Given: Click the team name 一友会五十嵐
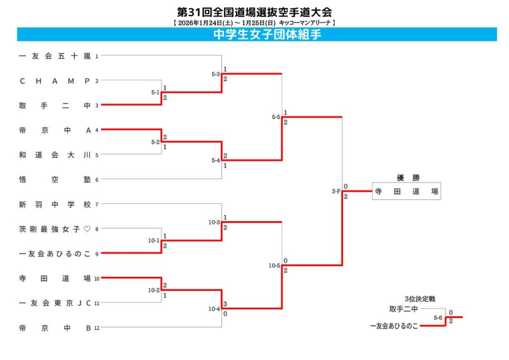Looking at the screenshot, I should point(55,56).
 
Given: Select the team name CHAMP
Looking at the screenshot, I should point(55,81).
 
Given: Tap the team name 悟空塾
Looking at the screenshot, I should point(55,180).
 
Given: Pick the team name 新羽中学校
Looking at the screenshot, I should point(55,204).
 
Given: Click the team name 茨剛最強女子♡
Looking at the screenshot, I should point(55,229).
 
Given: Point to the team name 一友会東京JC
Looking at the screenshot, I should point(55,303).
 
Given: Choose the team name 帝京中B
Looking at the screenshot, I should point(55,328).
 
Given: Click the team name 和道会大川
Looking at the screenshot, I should point(55,155).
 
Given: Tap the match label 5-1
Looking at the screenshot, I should point(155,92).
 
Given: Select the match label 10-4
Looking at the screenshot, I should point(215,309).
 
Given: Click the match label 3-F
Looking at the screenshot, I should point(336,191).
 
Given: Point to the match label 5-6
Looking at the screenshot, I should point(438,317).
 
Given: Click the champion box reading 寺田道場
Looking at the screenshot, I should point(406,191).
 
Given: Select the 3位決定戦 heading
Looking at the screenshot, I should point(420,299).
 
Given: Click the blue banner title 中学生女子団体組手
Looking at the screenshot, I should point(256,34).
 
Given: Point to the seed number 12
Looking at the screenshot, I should point(98,328).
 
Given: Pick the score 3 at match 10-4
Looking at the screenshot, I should point(226,303).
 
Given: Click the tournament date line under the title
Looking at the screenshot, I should point(254,22).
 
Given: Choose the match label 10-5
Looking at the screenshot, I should point(274,266).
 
